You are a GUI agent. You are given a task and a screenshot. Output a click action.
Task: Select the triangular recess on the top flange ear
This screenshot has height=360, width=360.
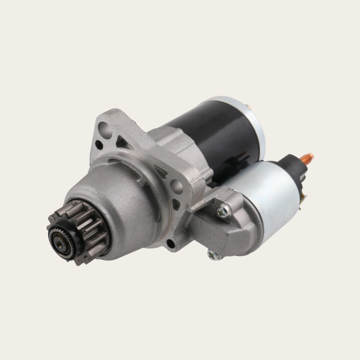[121, 143]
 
